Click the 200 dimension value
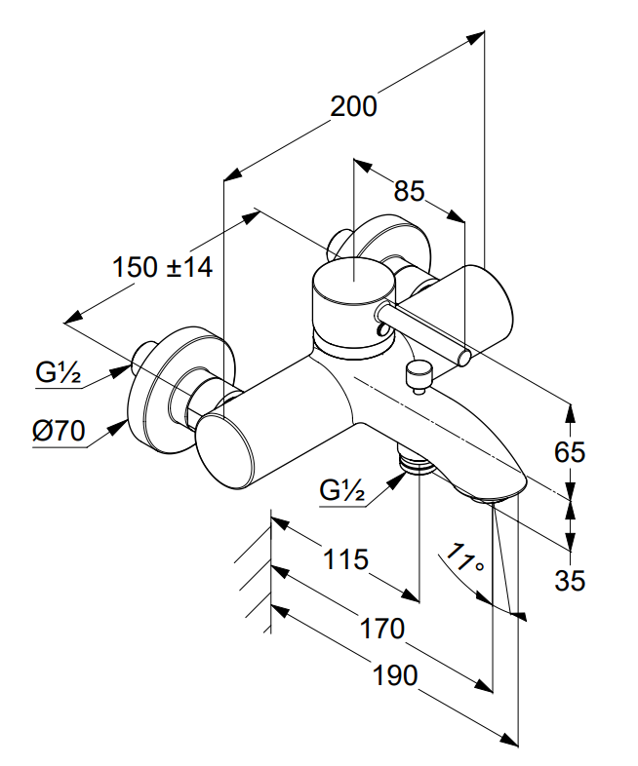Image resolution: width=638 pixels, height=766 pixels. pos(353,106)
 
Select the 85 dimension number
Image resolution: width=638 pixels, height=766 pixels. pos(410,191)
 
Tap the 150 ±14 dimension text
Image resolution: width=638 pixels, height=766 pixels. pos(162,266)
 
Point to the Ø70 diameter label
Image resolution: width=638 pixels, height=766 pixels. pos(60,430)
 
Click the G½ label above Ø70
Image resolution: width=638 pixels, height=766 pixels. pos(59,371)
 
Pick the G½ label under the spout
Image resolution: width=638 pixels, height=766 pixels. pos(342,491)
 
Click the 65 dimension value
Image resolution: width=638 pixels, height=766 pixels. pos(570,452)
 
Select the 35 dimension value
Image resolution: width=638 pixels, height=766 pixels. pos(570,581)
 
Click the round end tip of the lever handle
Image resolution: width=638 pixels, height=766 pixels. pos(466,357)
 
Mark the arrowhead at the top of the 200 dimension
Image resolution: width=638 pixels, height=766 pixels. pos(477,38)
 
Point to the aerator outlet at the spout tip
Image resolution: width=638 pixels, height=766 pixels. pos(496,499)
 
